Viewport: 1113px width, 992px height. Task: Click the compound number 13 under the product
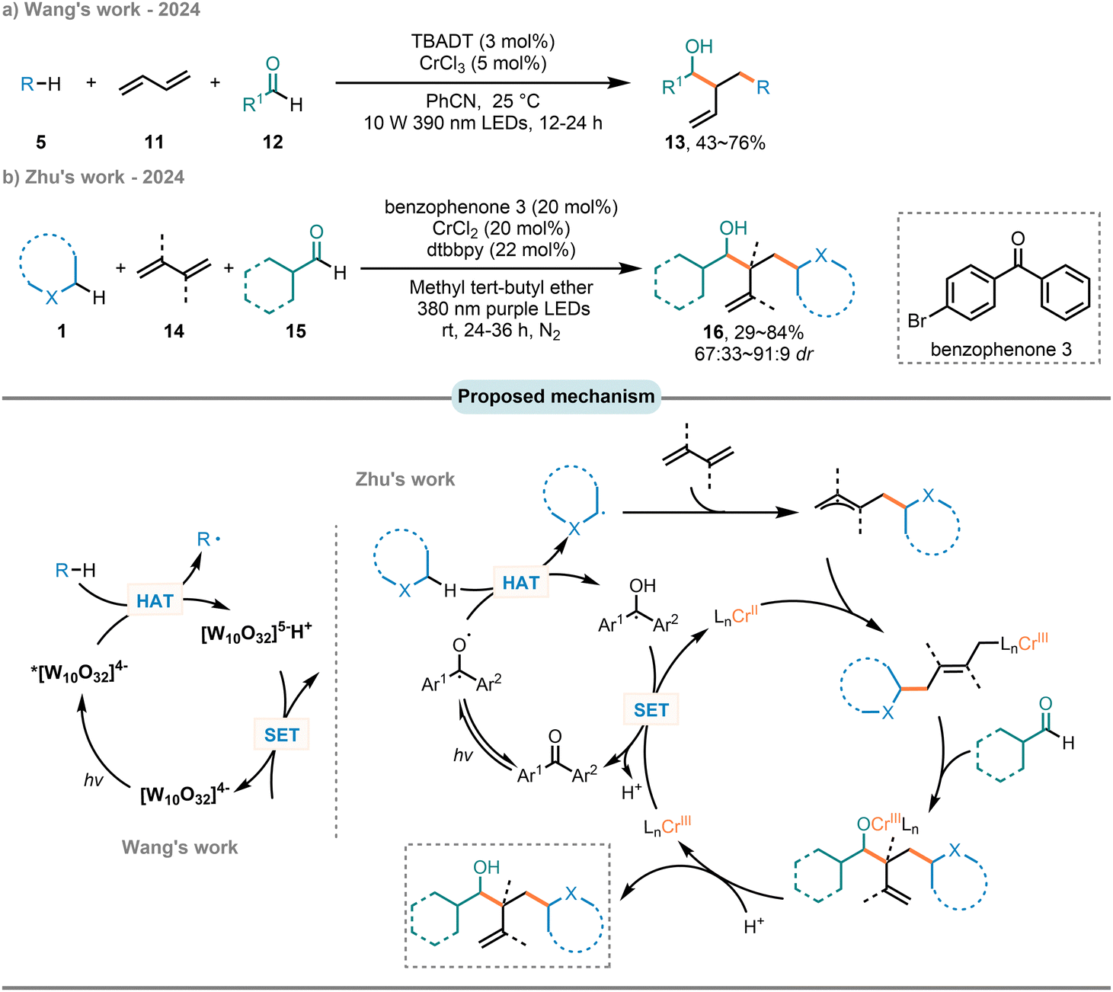675,143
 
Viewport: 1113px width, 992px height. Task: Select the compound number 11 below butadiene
155,142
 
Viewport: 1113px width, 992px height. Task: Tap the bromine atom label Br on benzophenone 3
917,321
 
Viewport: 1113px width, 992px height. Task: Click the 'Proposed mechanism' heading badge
556,396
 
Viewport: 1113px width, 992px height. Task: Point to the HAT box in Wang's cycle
155,600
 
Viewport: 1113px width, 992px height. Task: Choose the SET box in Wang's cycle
281,734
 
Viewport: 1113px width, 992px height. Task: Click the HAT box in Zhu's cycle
521,583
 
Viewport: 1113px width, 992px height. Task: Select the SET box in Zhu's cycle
651,710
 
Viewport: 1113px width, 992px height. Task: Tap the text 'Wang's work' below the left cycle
180,847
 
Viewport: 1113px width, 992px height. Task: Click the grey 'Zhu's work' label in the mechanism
405,479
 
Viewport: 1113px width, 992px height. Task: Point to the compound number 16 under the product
714,332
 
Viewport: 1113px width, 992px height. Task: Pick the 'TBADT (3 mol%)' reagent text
483,41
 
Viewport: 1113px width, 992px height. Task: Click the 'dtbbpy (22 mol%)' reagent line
501,249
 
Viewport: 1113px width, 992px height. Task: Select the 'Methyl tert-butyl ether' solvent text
501,287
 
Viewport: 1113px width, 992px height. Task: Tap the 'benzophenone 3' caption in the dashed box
1001,349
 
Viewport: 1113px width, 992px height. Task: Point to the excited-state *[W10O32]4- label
79,674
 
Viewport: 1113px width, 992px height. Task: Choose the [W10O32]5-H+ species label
257,634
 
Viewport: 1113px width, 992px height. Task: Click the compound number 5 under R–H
40,142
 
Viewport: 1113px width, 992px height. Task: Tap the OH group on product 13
699,46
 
